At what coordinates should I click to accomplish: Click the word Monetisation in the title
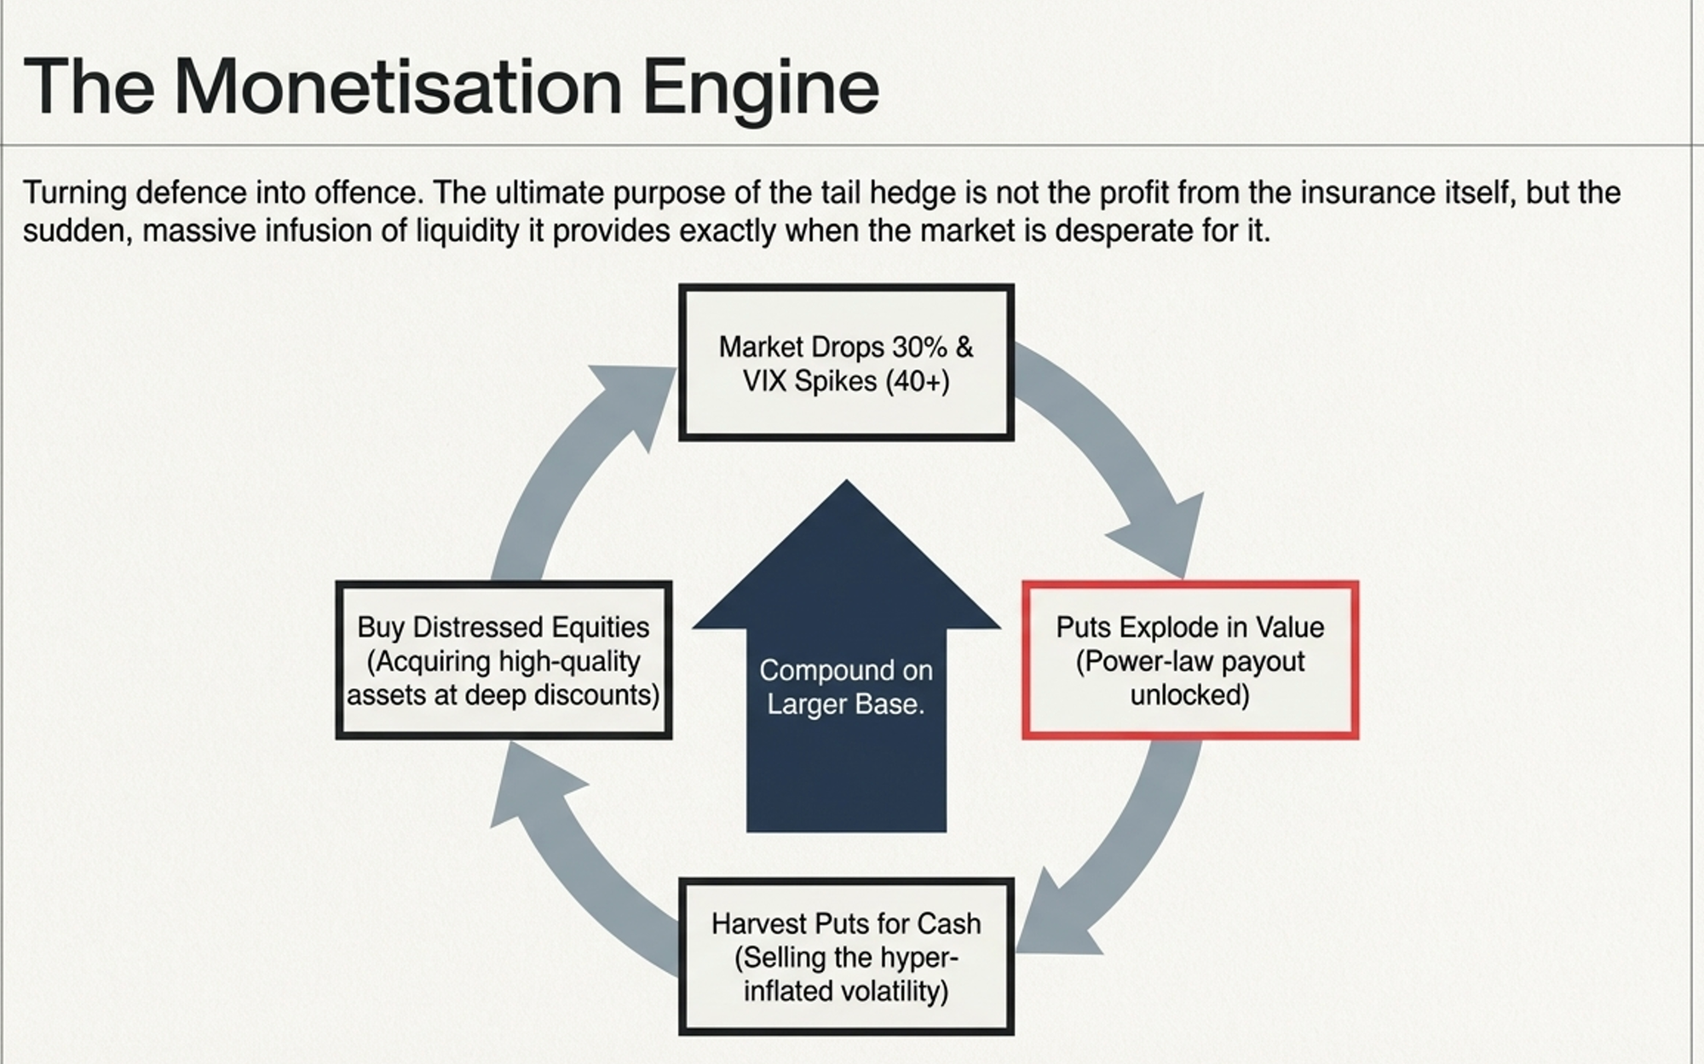pos(397,87)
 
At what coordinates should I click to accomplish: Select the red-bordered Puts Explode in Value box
pos(1189,660)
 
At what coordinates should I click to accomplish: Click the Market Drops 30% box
pos(846,363)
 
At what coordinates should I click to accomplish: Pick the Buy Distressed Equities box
pos(504,660)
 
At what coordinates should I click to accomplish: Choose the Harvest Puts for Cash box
pos(846,957)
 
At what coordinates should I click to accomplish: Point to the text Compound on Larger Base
pos(846,687)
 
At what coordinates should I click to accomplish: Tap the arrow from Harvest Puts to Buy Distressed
pos(571,860)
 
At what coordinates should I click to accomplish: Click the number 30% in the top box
pos(919,347)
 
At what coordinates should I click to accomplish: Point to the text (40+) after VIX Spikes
pos(917,381)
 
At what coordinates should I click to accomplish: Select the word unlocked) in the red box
pos(1189,695)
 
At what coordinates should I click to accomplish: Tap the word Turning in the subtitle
pos(74,193)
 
